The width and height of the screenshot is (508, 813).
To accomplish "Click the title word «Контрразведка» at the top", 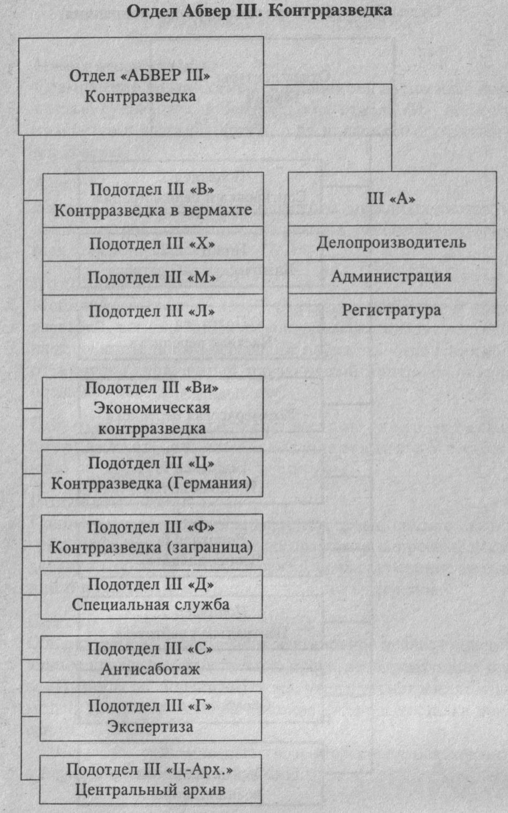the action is click(330, 10).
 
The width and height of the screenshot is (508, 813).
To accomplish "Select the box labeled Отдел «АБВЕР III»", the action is click(141, 85).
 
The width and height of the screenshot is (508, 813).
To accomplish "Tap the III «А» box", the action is click(392, 198).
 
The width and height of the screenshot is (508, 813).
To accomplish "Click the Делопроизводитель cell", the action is click(392, 242).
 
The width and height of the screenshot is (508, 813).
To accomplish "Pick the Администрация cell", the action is click(392, 277).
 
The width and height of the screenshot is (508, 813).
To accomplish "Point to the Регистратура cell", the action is click(392, 311).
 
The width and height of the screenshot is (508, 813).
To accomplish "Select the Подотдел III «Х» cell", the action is click(153, 244).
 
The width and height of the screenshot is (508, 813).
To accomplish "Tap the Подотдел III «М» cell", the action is click(153, 278).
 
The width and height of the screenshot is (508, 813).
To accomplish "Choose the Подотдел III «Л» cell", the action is click(153, 312).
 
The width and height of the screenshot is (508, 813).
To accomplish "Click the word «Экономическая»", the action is click(152, 408).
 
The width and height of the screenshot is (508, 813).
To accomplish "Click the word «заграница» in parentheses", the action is click(210, 548).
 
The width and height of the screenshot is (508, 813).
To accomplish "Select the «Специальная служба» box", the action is click(152, 594).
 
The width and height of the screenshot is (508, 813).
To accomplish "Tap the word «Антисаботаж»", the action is click(151, 669).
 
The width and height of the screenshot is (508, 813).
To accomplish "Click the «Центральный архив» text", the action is click(150, 790).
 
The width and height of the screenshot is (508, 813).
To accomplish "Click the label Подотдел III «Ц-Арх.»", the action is click(150, 770).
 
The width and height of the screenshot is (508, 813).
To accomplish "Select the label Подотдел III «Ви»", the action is click(152, 388).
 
